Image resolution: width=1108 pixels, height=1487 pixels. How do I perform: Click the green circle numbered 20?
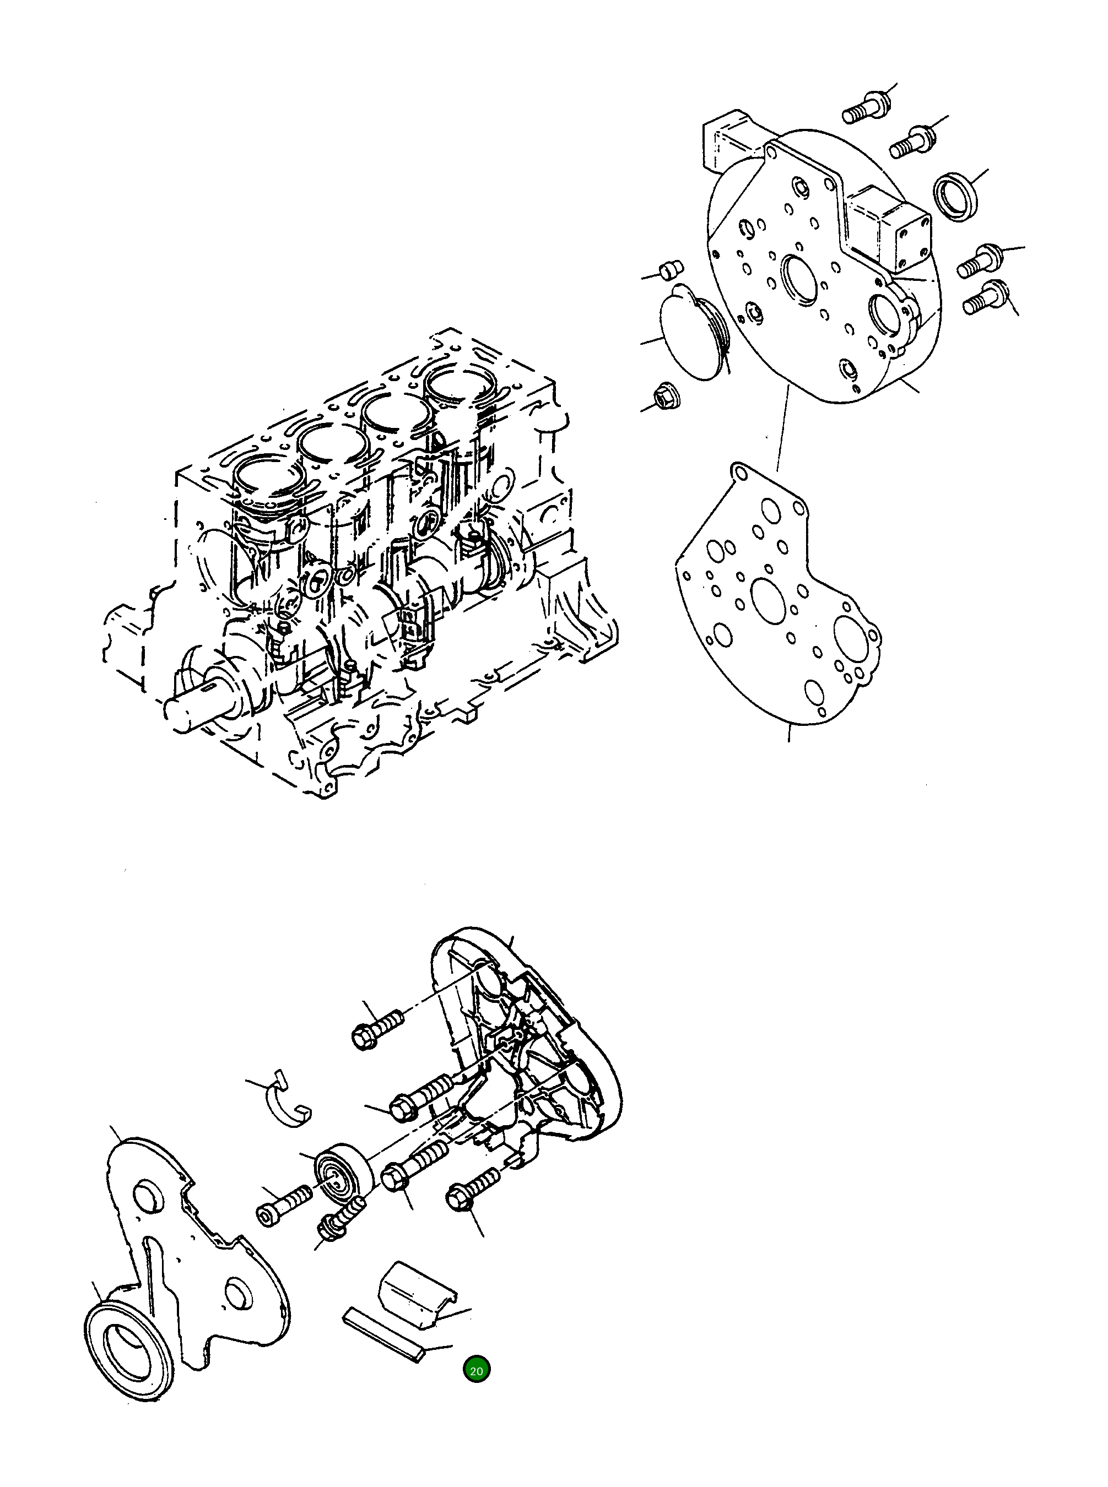(476, 1370)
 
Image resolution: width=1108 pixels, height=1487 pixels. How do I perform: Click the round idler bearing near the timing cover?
(343, 1178)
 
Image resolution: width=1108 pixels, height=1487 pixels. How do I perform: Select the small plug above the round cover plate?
(671, 269)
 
